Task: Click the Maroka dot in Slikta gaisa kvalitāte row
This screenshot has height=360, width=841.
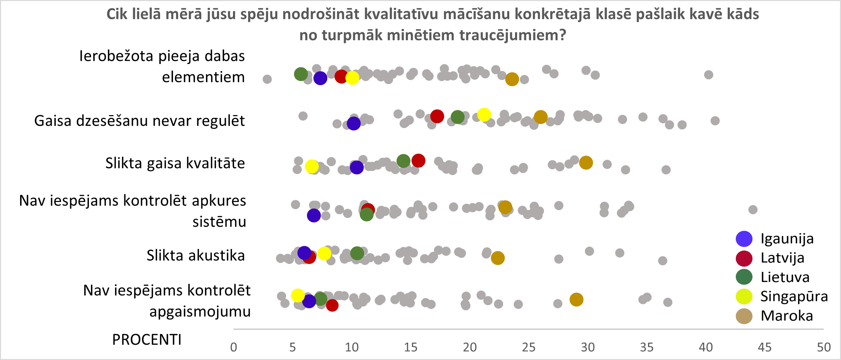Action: pos(586,163)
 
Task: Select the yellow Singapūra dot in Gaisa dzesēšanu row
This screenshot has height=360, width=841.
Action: pos(484,114)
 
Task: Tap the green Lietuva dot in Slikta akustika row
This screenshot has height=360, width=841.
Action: pos(357,253)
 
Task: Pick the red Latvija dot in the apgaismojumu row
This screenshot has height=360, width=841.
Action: pos(332,305)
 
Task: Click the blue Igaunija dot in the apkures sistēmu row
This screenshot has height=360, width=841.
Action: pos(314,215)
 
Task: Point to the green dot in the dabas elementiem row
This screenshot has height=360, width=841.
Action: pos(301,74)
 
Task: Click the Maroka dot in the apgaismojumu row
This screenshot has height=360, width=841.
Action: pos(576,299)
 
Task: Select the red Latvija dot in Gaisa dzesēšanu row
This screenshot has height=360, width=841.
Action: pos(437,116)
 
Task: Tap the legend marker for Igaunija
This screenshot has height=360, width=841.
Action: pos(744,239)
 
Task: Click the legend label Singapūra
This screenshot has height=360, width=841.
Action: pos(794,296)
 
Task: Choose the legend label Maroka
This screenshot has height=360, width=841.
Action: pos(787,316)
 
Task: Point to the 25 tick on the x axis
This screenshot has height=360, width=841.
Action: pos(529,347)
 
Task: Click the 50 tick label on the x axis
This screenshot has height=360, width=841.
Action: pos(824,347)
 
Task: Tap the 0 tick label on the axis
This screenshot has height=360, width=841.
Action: pos(234,347)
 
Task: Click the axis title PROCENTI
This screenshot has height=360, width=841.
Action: pos(147,340)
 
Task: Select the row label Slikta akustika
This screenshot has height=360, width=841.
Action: pos(196,255)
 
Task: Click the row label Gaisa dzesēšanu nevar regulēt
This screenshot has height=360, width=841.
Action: pos(139,121)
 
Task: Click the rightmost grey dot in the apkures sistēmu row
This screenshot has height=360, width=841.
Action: pos(753,209)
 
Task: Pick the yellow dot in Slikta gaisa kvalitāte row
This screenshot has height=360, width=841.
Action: pos(312,166)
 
